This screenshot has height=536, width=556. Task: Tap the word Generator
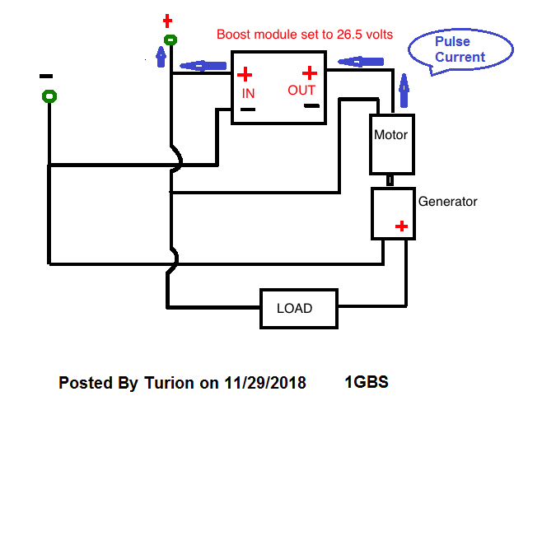[447, 202]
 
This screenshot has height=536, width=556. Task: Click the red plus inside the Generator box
[401, 226]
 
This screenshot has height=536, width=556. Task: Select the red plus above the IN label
[245, 74]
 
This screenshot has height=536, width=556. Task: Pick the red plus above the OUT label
[310, 73]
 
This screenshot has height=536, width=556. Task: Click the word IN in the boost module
[248, 94]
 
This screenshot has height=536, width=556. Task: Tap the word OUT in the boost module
[301, 91]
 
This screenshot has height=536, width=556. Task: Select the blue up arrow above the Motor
[404, 91]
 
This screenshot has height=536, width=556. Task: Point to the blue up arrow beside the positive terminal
[161, 57]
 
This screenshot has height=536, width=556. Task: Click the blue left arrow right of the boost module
[361, 62]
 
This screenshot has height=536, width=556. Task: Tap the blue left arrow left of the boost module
[203, 66]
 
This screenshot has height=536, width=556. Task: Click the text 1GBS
[367, 382]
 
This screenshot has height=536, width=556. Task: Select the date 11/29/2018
[265, 383]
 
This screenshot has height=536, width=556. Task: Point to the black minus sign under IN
[248, 110]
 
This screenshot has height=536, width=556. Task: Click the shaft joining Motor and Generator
[390, 181]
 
